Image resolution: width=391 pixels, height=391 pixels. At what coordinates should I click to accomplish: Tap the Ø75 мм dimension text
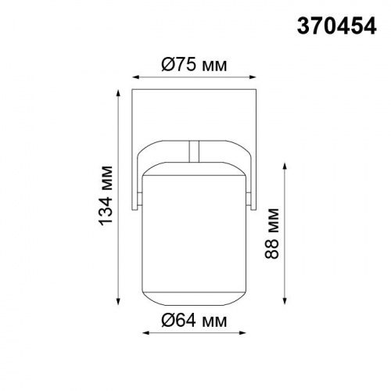(193, 65)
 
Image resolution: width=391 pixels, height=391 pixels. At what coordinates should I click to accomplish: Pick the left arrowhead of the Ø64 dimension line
(145, 333)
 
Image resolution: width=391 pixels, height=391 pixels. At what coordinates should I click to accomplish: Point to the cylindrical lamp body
(195, 235)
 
